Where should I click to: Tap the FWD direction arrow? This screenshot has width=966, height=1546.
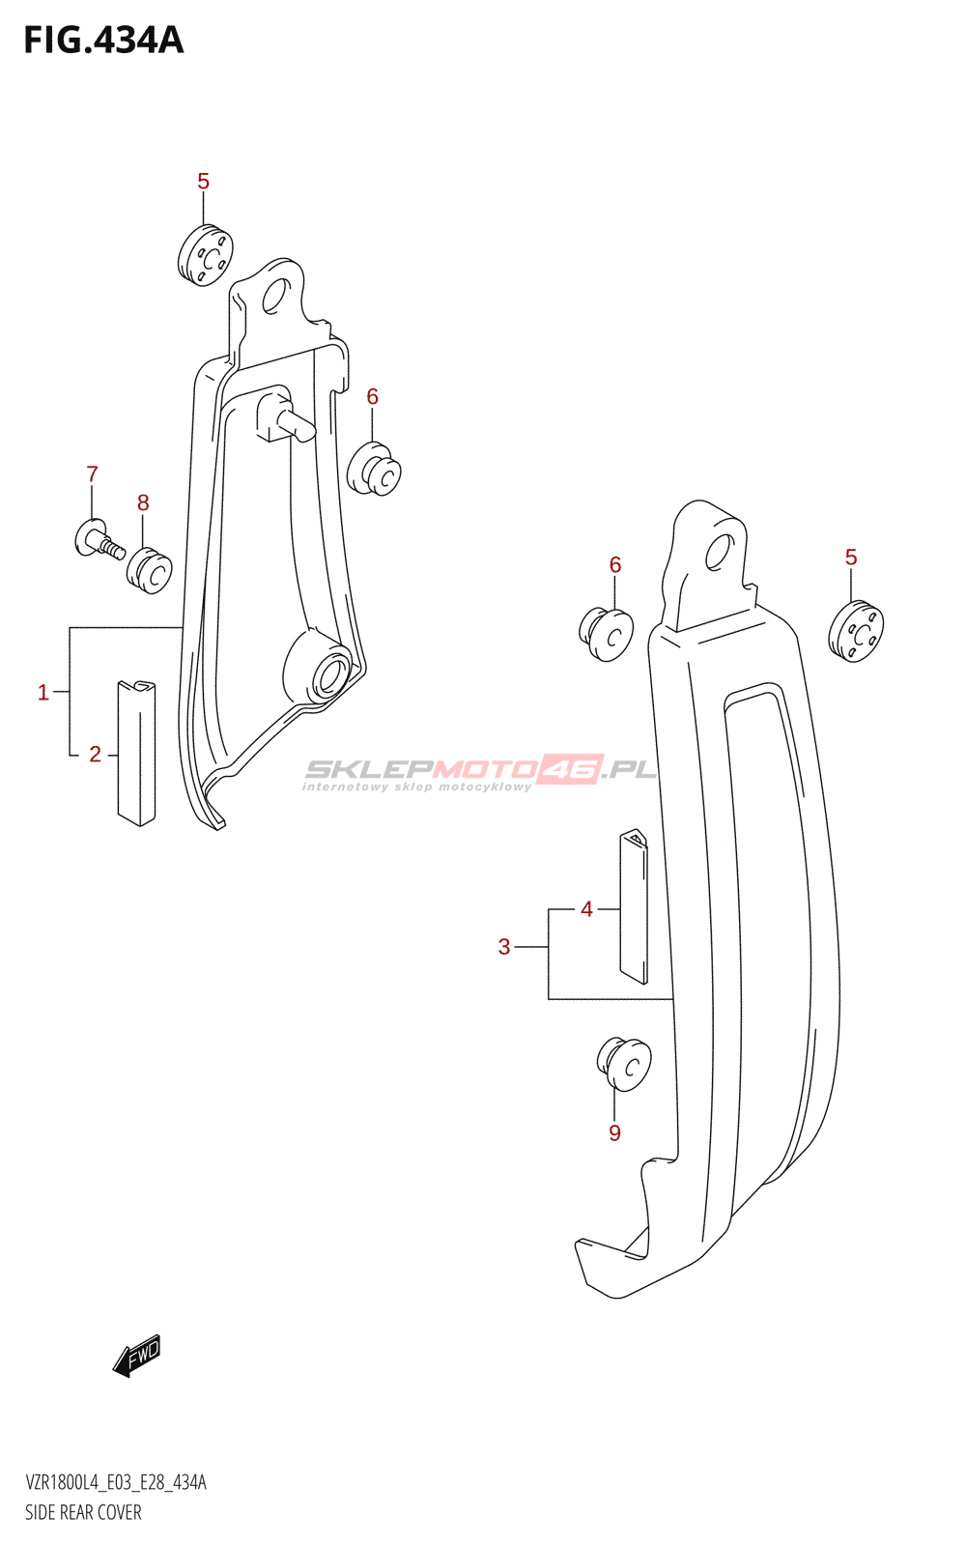coord(136,1356)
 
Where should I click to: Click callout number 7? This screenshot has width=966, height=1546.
coord(92,474)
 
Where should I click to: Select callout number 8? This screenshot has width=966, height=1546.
coord(143,503)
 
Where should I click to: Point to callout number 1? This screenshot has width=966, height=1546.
coord(43,692)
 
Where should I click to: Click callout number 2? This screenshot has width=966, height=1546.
coord(96,755)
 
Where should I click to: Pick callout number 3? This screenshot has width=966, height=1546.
coord(504,947)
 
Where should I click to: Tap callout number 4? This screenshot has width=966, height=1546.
coord(586,909)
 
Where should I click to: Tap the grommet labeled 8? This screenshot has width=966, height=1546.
coord(149,570)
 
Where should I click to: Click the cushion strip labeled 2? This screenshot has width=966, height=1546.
coord(136,753)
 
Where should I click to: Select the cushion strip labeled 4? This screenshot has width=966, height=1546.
coord(634,905)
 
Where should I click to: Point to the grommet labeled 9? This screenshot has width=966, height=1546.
coord(624,1064)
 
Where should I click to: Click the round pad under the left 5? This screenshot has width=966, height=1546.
coord(205,255)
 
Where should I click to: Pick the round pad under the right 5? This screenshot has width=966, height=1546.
coord(856,632)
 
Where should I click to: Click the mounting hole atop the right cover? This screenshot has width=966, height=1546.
coord(720,552)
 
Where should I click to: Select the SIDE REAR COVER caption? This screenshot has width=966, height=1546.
coord(83,1512)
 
